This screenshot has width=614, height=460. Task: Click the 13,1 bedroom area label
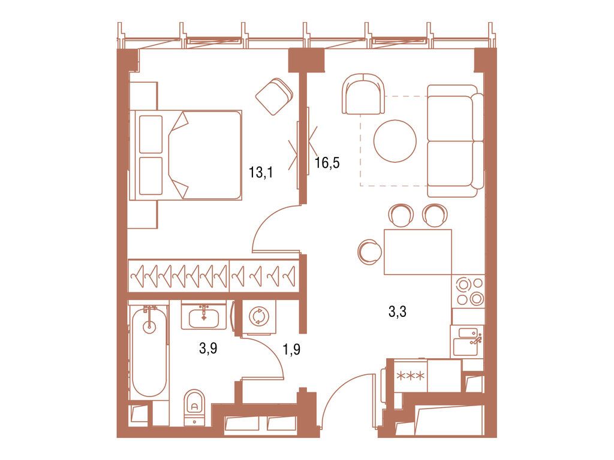click(261, 173)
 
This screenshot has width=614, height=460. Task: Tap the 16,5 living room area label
click(327, 163)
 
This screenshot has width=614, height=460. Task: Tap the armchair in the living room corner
click(363, 94)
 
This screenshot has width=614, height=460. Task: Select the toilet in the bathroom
click(194, 405)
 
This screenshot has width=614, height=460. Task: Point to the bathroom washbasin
click(203, 316)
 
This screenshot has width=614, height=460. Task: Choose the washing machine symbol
click(259, 316)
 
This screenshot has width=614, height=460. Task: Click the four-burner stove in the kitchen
click(468, 291)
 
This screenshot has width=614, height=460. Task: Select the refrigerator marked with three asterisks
click(411, 377)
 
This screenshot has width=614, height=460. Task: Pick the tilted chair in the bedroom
click(274, 96)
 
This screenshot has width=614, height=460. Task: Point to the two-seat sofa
click(455, 141)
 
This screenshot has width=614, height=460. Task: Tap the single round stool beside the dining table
click(368, 252)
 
